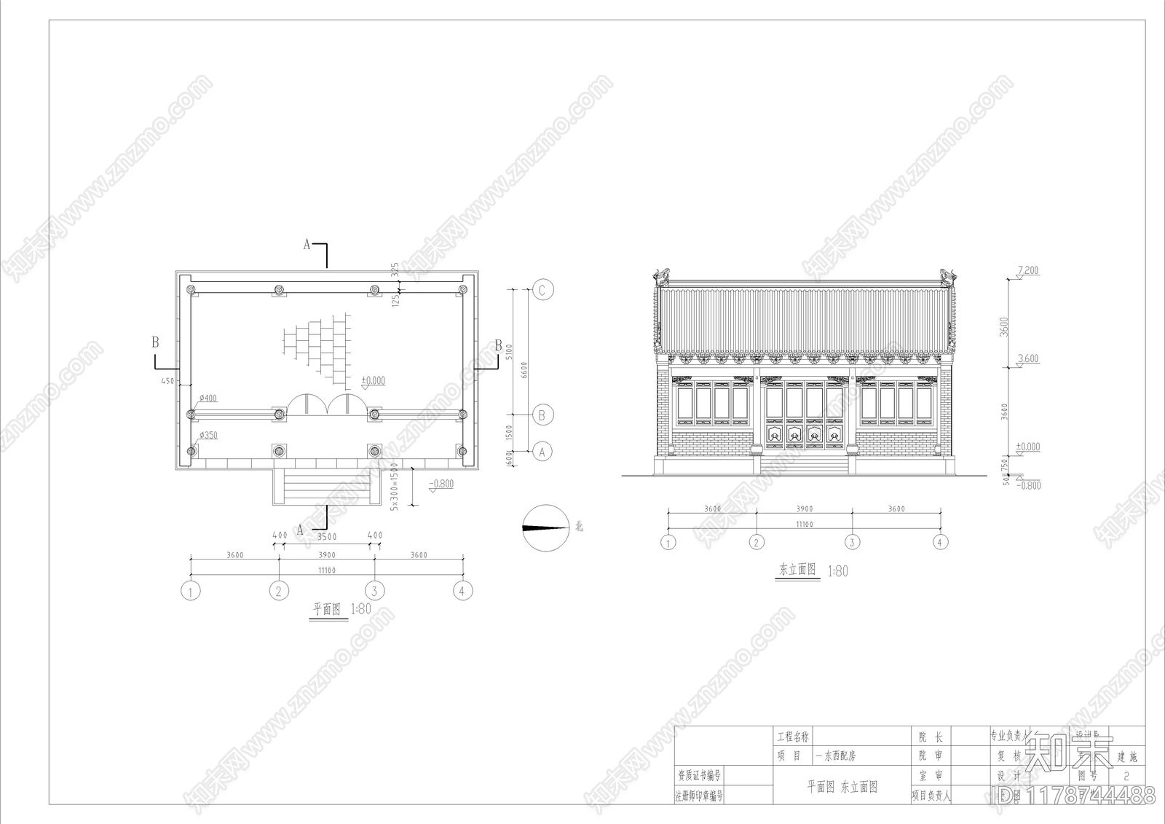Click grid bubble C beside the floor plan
[x=542, y=290]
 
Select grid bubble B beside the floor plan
[x=542, y=415]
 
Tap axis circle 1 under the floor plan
[x=191, y=591]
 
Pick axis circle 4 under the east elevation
[x=940, y=542]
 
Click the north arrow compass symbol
[x=545, y=527]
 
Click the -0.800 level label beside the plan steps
[x=441, y=484]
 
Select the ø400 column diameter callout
[x=208, y=399]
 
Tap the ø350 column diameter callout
[x=208, y=436]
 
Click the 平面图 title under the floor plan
[x=327, y=609]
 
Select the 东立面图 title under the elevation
[x=797, y=570]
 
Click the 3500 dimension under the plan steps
[x=327, y=536]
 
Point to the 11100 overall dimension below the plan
[x=327, y=570]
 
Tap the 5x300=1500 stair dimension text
[x=394, y=486]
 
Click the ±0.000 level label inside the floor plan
[x=374, y=381]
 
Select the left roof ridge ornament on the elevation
[x=662, y=275]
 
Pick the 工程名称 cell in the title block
[x=793, y=737]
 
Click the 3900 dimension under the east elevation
[x=804, y=509]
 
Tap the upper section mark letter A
[x=307, y=245]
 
